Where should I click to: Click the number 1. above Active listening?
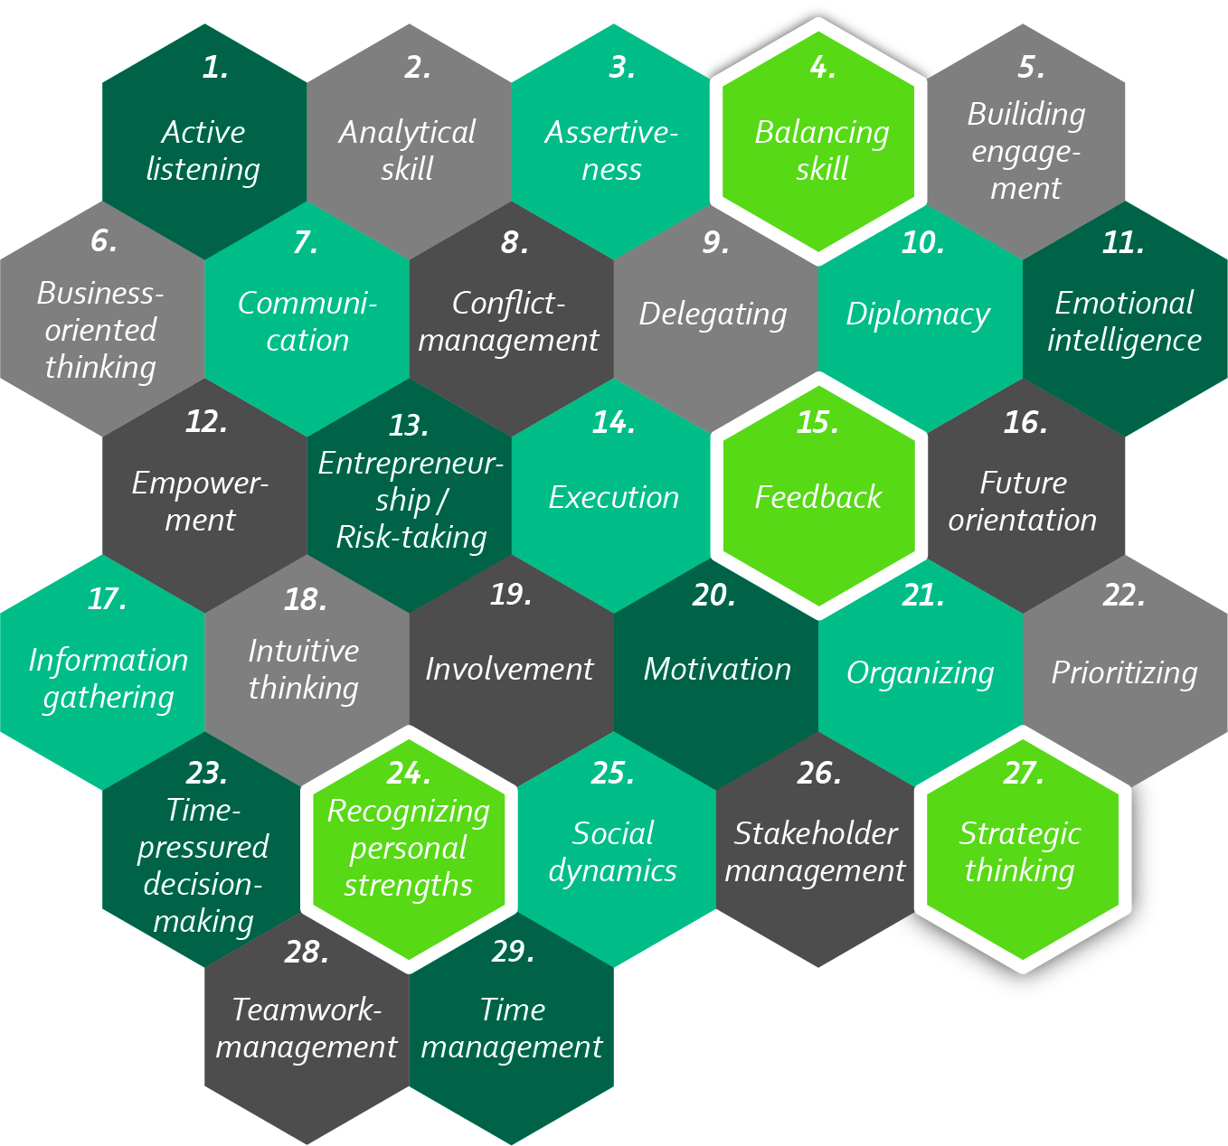[215, 68]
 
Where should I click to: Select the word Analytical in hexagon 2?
[407, 133]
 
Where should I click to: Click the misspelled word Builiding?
[1025, 115]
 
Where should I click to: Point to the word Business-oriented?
[100, 294]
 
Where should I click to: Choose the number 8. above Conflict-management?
[515, 242]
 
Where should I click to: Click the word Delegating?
[713, 315]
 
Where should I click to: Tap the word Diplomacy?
[918, 315]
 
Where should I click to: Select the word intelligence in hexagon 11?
[1124, 341]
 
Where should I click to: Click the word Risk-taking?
[411, 538]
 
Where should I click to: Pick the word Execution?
[613, 497]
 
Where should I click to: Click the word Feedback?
[817, 497]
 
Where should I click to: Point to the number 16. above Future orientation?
[1025, 422]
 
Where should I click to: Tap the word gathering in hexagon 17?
[109, 698]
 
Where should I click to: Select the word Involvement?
[509, 669]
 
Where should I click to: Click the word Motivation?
[717, 669]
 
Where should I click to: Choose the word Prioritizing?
[1124, 673]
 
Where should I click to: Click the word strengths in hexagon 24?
[408, 886]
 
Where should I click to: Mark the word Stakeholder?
[816, 833]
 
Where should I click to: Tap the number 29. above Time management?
[513, 952]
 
